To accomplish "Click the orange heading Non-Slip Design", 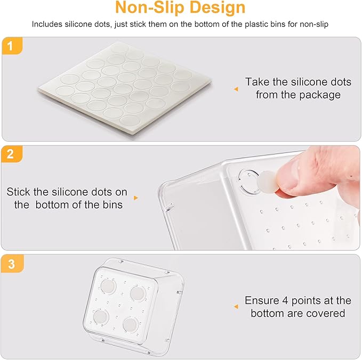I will pyautogui.click(x=181, y=8).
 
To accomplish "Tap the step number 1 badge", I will pyautogui.click(x=10, y=46).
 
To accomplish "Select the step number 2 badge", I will pyautogui.click(x=10, y=155).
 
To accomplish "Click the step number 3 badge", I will pyautogui.click(x=10, y=263).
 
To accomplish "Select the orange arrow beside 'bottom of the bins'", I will pyautogui.click(x=135, y=198).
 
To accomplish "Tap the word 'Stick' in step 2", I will pyautogui.click(x=19, y=191).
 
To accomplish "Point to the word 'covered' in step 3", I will pyautogui.click(x=326, y=313).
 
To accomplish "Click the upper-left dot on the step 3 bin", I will pyautogui.click(x=108, y=288).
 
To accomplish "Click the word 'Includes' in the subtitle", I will pyautogui.click(x=46, y=24).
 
